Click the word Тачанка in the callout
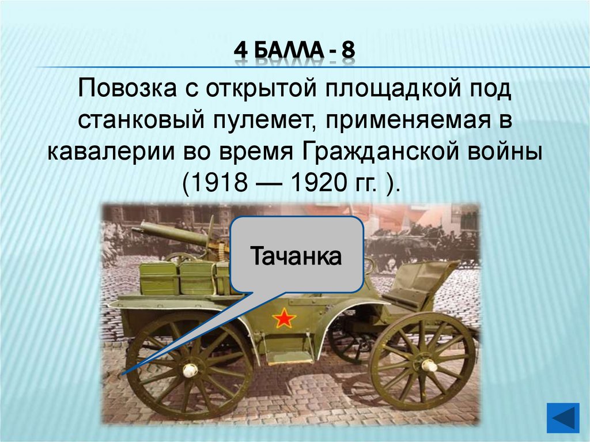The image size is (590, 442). click(x=296, y=255)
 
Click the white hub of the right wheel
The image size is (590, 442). click(x=429, y=365)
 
